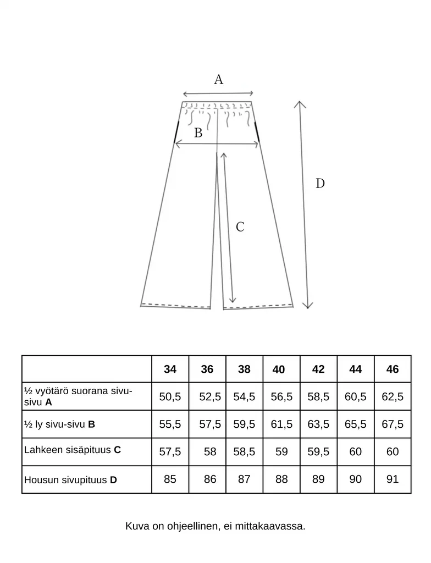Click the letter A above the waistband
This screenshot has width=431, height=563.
218,80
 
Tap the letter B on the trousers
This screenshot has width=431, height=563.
198,133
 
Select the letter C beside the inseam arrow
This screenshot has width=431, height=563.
240,227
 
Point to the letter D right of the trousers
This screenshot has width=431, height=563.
320,184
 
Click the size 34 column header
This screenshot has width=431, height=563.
170,369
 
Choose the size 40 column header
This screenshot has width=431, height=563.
278,370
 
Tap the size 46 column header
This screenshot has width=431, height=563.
392,369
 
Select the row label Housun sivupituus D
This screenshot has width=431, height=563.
70,480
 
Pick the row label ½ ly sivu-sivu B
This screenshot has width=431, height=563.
60,424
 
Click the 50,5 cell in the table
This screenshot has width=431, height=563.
170,397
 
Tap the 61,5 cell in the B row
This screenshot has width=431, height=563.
281,424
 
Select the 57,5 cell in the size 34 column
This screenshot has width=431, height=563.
170,452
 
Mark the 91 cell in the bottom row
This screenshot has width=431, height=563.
392,479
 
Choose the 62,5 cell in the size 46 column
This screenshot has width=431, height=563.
392,397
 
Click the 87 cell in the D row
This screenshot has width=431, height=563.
244,479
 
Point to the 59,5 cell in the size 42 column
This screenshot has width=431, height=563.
318,452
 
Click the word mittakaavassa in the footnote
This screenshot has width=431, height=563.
272,527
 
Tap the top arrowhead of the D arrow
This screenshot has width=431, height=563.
299,103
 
